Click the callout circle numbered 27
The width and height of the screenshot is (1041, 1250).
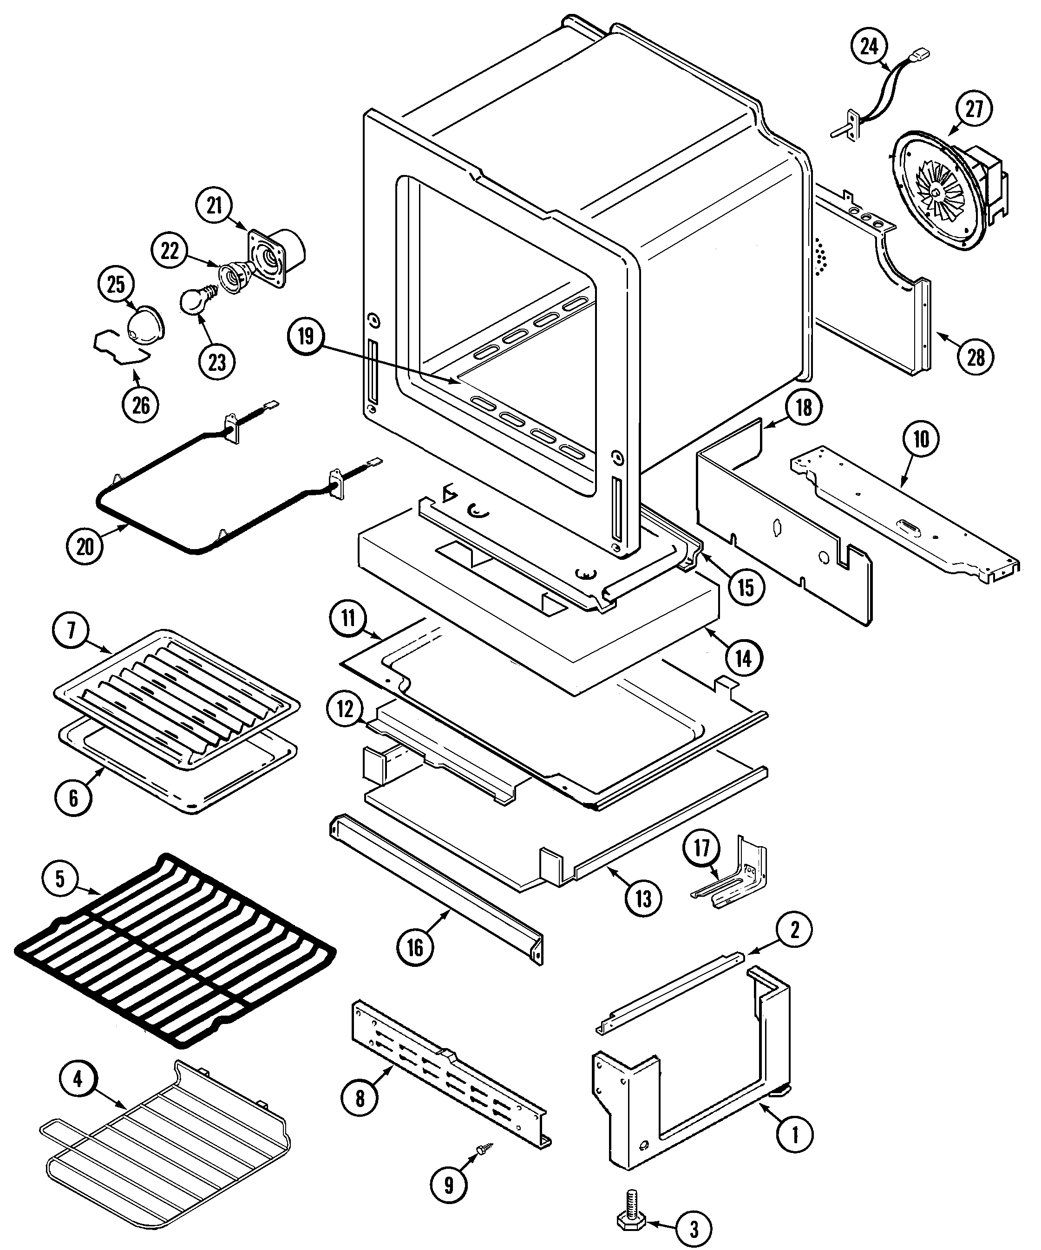[974, 109]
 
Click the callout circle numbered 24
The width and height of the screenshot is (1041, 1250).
[870, 46]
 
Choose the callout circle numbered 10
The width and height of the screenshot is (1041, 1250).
[921, 439]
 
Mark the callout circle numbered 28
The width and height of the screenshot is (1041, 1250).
[976, 356]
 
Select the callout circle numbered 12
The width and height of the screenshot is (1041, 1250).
[345, 709]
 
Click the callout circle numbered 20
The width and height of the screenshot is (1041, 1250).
[85, 545]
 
